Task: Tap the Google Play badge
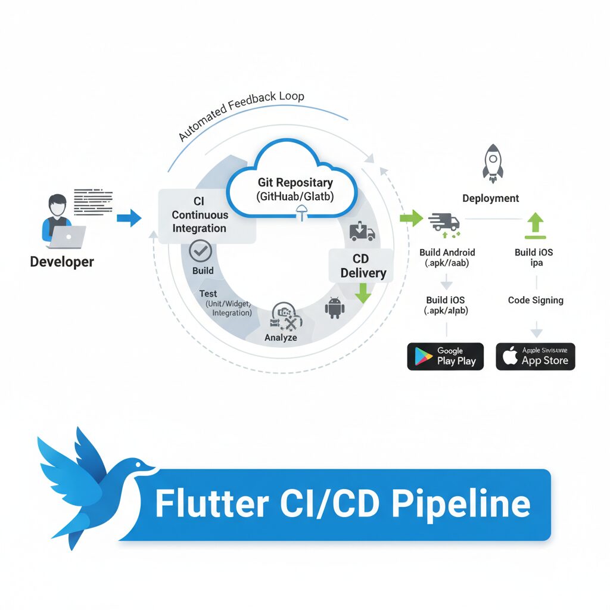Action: (445, 356)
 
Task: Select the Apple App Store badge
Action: (535, 356)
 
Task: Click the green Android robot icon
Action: (334, 308)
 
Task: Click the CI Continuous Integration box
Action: (200, 216)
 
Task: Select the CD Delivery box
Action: (363, 266)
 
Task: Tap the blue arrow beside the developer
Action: (129, 218)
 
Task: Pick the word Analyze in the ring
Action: (281, 338)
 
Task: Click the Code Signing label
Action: (535, 300)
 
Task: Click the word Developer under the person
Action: (62, 262)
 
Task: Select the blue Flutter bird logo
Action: (89, 483)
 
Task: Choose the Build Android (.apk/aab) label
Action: (447, 257)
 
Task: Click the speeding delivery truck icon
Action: (444, 222)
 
